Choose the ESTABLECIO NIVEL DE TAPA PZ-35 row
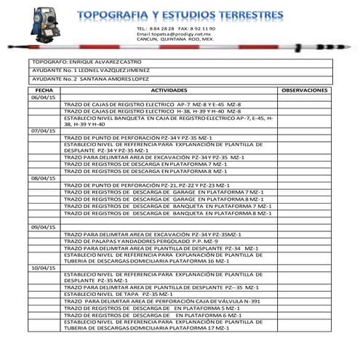[121, 294]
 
